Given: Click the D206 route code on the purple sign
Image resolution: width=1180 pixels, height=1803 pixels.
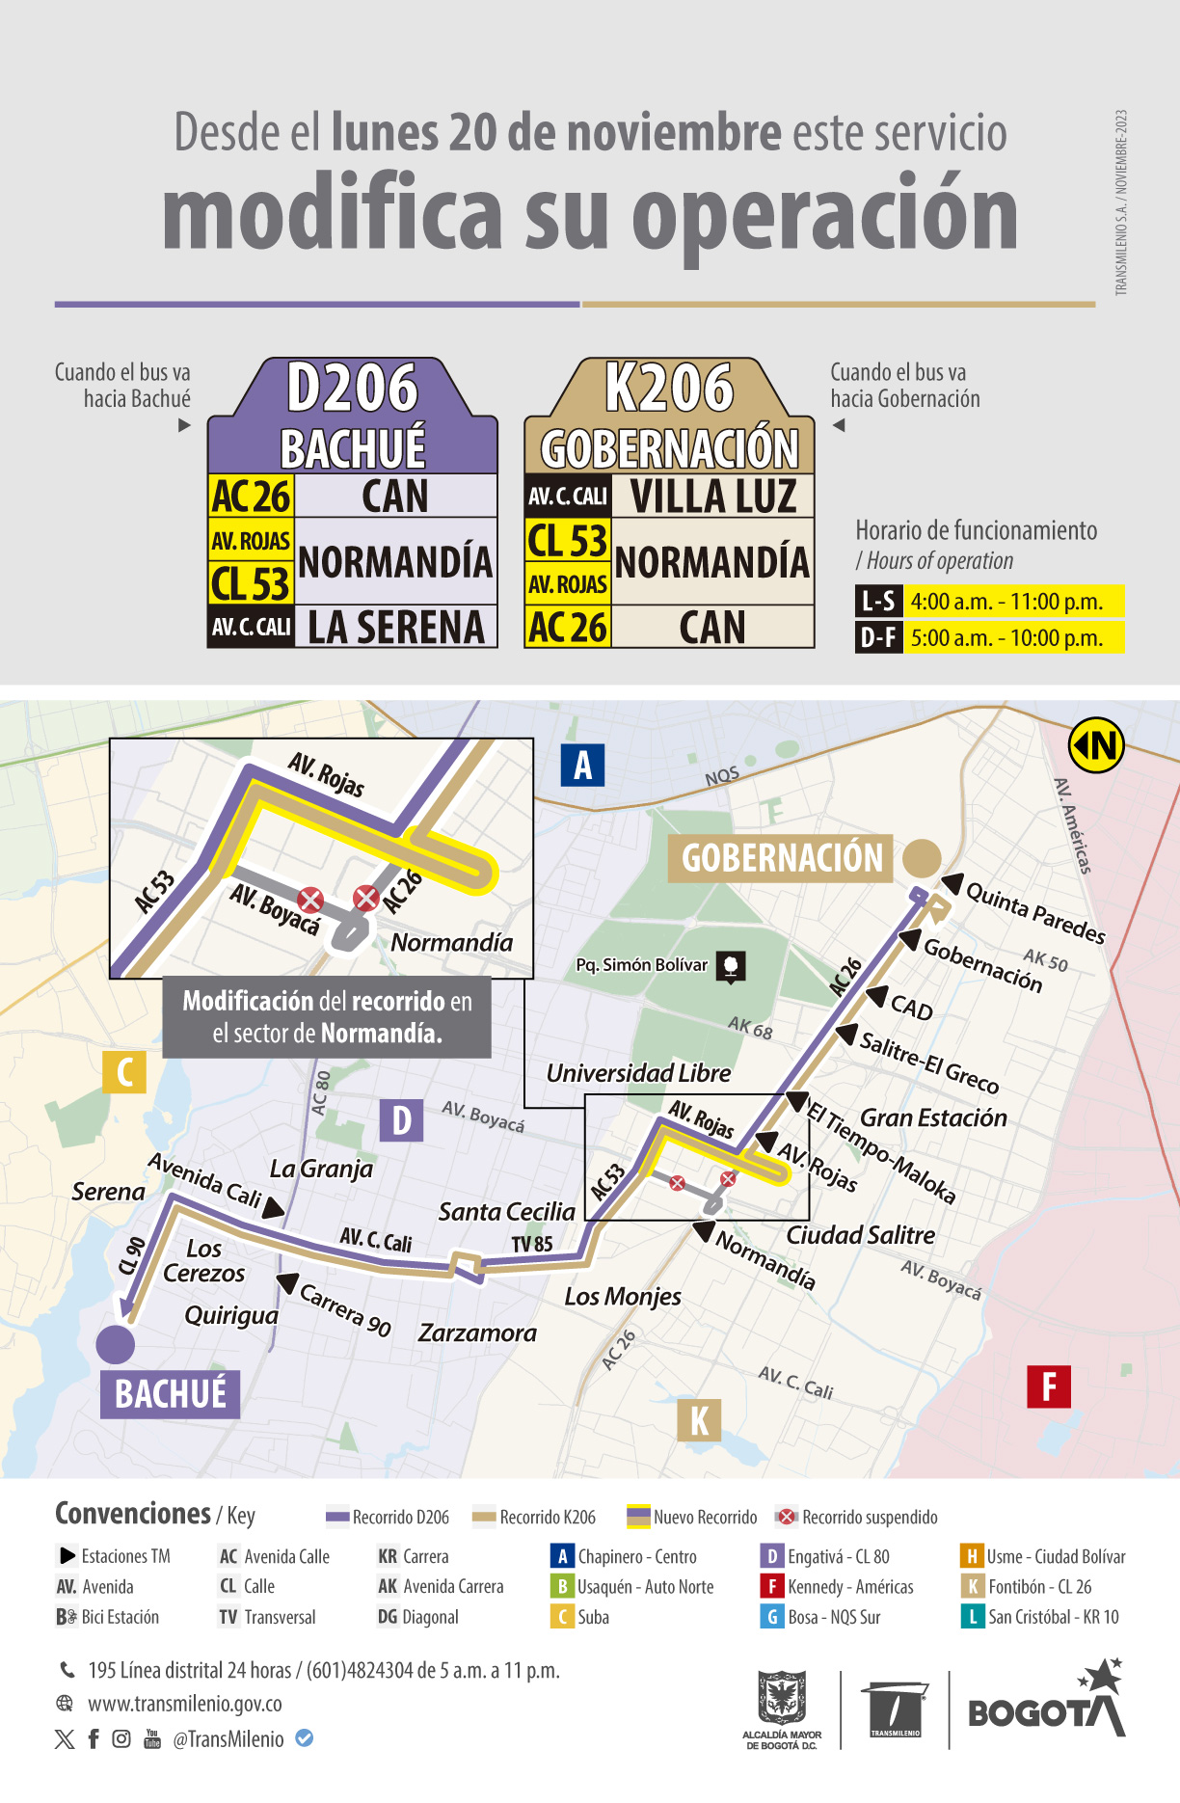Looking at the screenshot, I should point(352,388).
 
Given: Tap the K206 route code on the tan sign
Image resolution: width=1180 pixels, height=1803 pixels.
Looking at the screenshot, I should point(669,388).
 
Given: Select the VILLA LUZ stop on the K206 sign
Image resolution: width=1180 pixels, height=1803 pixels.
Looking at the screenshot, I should point(713,496).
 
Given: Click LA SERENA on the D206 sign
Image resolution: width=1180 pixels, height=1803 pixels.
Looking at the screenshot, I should point(395,628).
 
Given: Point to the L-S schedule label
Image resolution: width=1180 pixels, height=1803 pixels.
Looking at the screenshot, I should point(878,602).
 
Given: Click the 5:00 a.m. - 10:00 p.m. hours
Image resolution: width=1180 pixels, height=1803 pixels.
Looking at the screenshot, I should point(1006,638).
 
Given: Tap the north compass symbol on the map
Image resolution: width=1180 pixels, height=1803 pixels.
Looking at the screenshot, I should point(1096,745).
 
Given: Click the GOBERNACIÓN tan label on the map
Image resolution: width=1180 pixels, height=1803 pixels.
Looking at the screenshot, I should point(781,858).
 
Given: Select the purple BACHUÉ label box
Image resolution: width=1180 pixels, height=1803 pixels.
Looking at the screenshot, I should point(170,1394).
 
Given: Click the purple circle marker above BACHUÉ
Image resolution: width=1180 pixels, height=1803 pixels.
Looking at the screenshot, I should point(116,1344).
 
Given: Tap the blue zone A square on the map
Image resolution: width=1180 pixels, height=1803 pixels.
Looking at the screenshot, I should point(582,766).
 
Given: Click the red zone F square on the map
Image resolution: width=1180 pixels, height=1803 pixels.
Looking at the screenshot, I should point(1049,1387).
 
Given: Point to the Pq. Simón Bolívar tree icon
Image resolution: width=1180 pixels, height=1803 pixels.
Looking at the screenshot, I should point(731,966).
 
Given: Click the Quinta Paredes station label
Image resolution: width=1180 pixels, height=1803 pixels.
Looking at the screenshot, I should point(1034,912).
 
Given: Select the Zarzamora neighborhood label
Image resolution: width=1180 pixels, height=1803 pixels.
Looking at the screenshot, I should point(477,1333).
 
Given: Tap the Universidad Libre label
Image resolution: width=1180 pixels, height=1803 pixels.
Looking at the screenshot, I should point(638,1073).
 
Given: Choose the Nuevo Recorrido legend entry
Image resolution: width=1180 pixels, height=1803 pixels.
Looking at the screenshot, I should point(692,1517).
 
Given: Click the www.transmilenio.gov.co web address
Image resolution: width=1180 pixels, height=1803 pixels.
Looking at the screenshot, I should point(184,1704).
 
